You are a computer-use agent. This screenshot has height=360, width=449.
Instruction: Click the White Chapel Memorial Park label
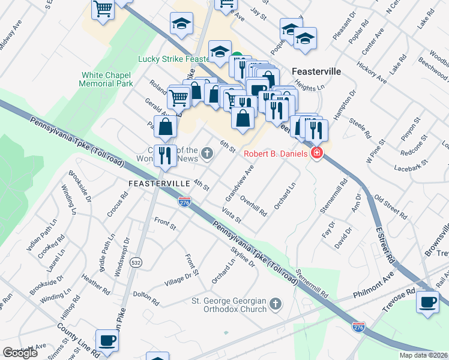pos(106,79)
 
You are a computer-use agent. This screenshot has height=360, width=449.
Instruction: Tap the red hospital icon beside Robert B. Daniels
pos(316,154)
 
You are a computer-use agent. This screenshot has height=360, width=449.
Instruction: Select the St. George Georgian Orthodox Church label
pos(229,305)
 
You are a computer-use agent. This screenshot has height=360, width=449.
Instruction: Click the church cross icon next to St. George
pos(276,304)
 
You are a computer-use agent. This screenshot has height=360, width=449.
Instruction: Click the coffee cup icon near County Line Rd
pos(107,341)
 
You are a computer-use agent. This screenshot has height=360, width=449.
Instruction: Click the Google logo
pos(20,353)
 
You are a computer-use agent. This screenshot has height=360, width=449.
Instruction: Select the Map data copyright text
pos(423,355)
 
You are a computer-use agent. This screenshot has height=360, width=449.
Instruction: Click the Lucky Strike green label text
pos(173,59)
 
